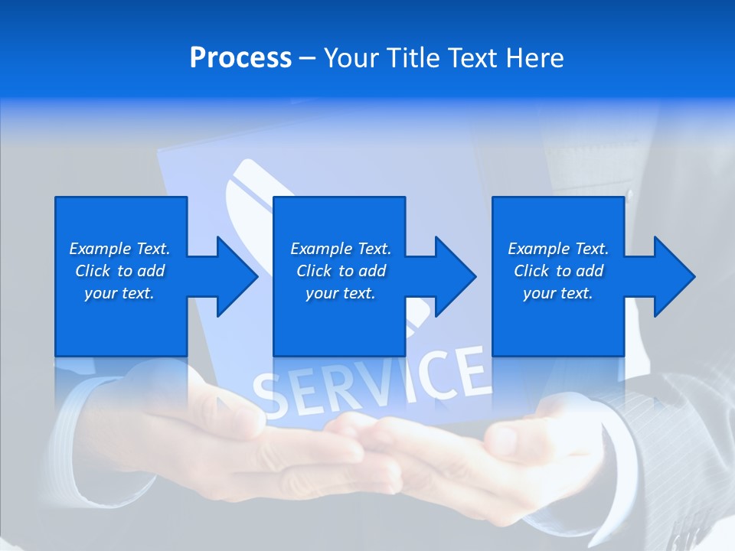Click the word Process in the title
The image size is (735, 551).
pos(240,58)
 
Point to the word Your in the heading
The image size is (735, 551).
pos(354,58)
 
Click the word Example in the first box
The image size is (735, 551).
pos(100,249)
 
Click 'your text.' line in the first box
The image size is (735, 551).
pos(119,293)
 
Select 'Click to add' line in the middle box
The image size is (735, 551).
pos(341,271)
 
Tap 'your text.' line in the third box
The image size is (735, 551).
pos(558,293)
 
